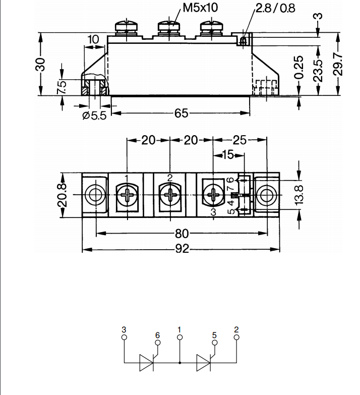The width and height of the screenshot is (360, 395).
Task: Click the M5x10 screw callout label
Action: [200, 8]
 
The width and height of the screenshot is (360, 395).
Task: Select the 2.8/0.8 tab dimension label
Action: [275, 8]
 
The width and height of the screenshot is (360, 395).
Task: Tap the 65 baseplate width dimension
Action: [181, 114]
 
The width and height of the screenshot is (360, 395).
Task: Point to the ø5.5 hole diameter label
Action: [95, 116]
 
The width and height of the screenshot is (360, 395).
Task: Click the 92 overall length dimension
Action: [182, 249]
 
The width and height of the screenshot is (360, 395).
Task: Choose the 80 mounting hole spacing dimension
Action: [182, 234]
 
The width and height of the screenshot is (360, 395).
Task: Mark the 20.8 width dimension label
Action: [63, 195]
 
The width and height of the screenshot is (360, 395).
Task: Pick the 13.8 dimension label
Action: [299, 195]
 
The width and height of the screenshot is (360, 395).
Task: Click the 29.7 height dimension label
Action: [338, 65]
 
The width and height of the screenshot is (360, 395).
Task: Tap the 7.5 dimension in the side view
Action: [62, 87]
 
